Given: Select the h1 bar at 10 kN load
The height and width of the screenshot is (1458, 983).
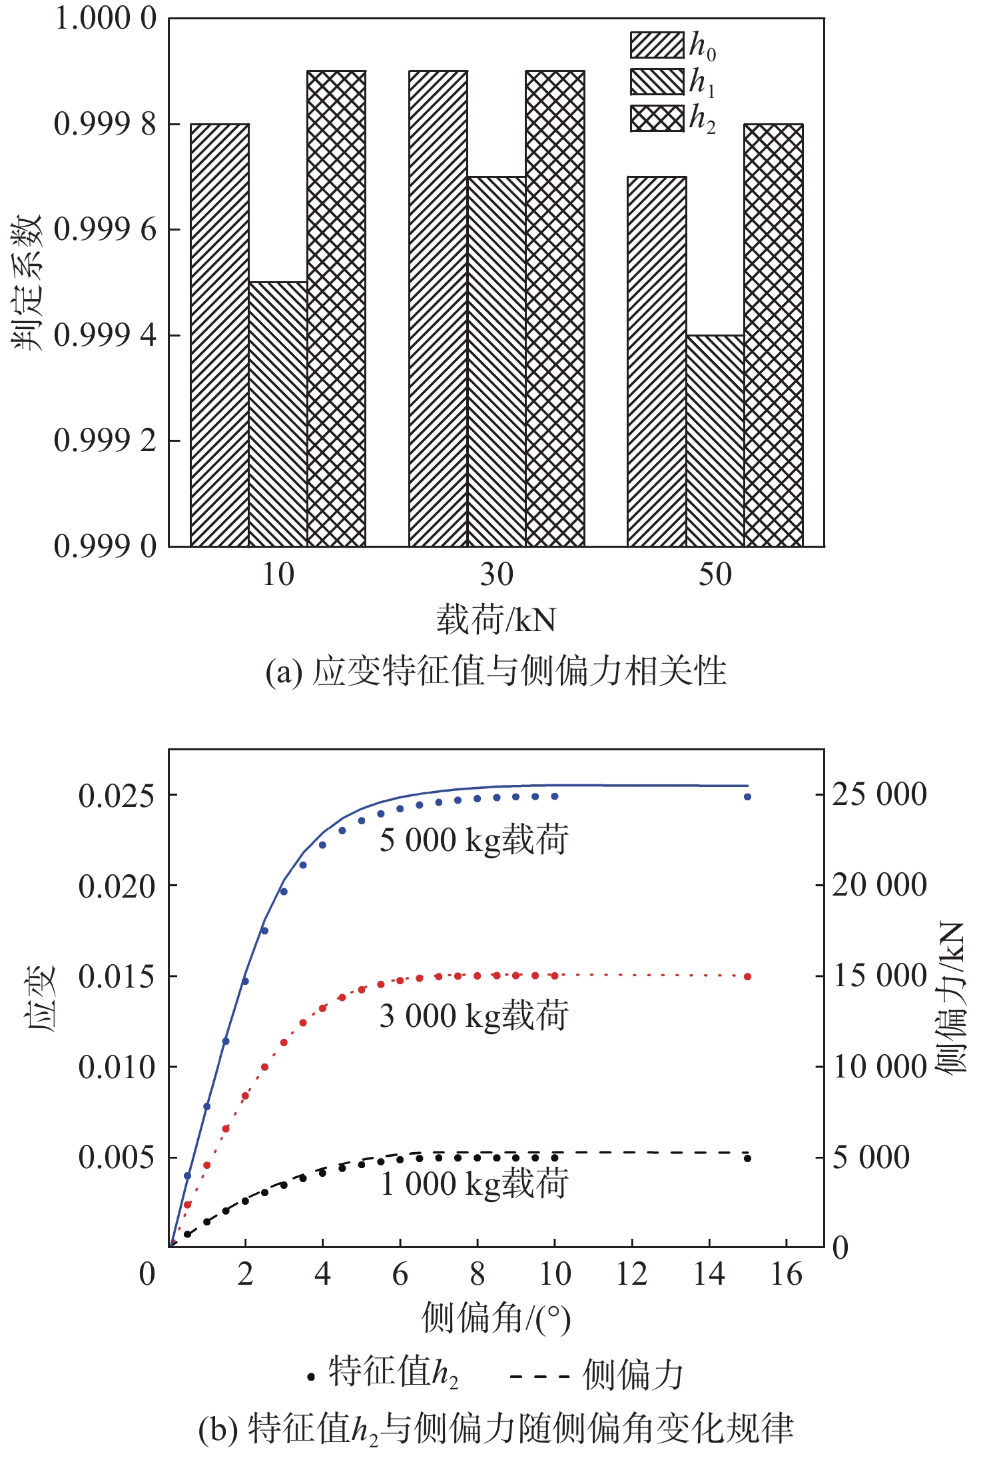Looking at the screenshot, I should (278, 414).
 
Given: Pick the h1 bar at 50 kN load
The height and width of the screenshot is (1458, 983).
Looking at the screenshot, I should (715, 440).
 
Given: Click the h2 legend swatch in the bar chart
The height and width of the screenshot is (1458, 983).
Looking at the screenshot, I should (657, 118).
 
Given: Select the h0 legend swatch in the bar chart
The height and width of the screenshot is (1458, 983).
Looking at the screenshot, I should (657, 45).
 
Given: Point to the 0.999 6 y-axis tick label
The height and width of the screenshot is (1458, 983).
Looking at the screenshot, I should (105, 229).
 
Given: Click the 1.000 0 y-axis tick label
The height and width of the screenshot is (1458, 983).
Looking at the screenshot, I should (105, 19).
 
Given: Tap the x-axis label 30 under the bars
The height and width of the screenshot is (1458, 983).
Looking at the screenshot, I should (496, 574).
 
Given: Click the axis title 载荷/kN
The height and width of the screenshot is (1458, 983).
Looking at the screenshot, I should (496, 620).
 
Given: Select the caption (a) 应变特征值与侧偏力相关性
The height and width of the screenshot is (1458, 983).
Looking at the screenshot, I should (495, 671).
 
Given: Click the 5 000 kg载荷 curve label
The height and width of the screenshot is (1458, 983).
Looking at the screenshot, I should (474, 840).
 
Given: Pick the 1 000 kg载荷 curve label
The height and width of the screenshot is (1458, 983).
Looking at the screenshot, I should (474, 1184).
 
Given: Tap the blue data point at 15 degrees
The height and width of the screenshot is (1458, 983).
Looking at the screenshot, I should (747, 796).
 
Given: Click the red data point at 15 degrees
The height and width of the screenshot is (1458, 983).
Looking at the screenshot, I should (747, 976).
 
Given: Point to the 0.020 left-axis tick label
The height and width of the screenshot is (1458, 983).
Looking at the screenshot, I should (116, 886).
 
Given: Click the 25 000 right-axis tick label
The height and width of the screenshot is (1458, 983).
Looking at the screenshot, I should (879, 794).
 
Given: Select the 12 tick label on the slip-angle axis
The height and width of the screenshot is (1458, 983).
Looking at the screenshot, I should (631, 1274).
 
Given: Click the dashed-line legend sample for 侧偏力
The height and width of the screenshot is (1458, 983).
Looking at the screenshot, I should (539, 1375).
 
